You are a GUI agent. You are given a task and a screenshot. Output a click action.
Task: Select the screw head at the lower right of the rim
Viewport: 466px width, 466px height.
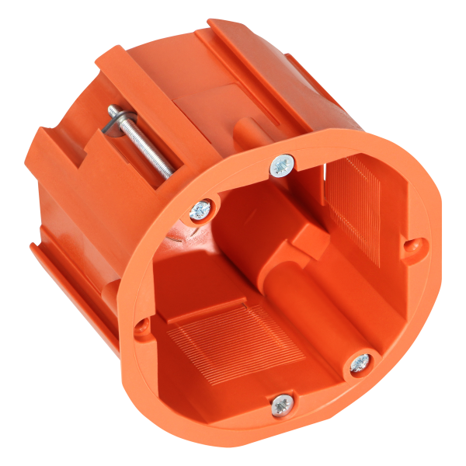(x=360, y=363)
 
